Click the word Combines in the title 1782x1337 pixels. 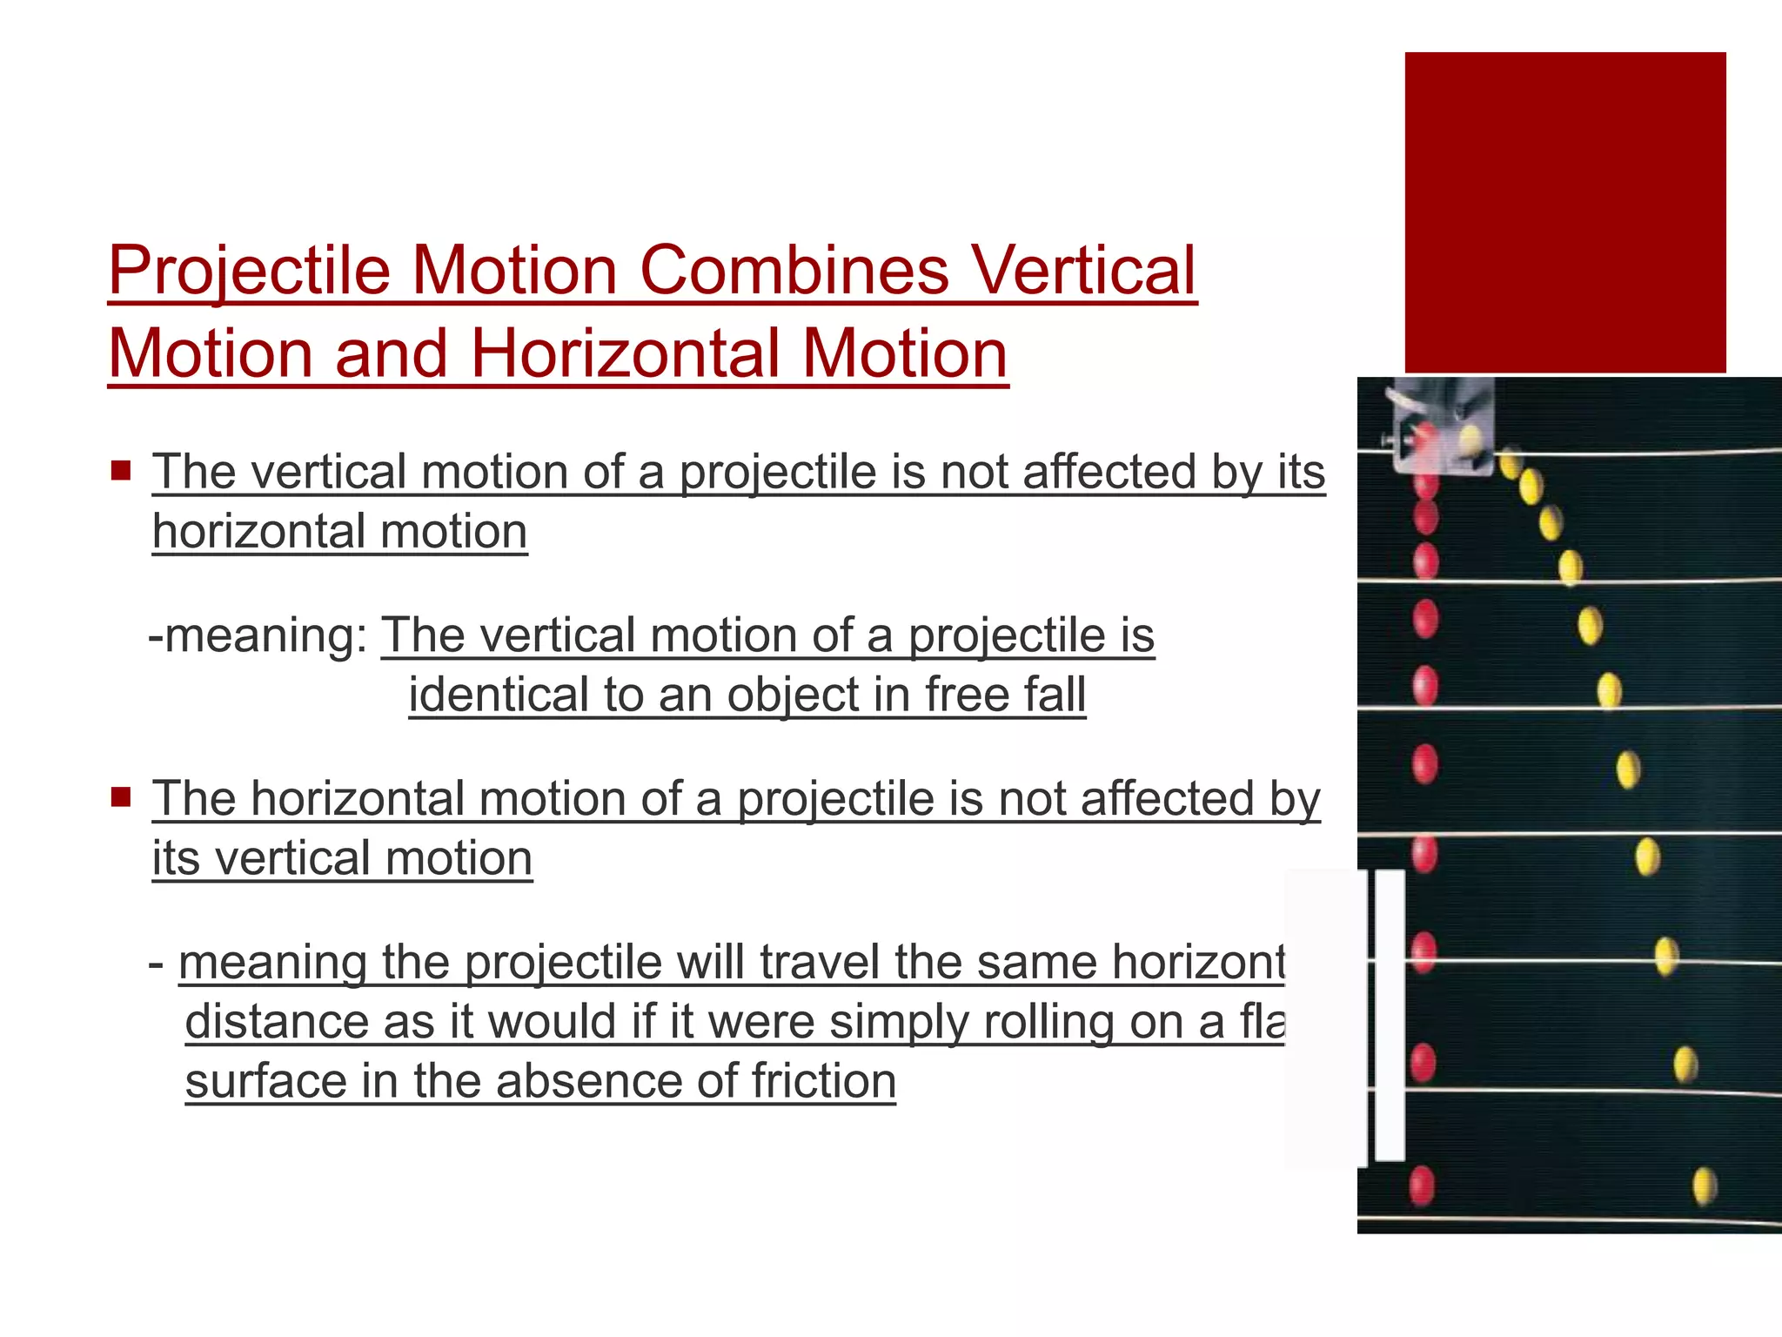[794, 270]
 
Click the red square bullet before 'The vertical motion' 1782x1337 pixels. [120, 472]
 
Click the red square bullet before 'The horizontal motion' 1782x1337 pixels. [120, 796]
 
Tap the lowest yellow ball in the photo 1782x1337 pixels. [1704, 1186]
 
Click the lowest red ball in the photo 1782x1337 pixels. [1421, 1186]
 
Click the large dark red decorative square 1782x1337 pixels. [1564, 212]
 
